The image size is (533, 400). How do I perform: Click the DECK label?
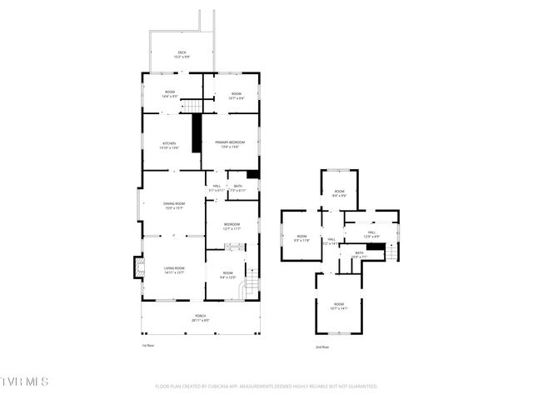pos(182,53)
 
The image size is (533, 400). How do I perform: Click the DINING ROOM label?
pos(173,206)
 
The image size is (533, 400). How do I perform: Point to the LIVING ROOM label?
pos(173,269)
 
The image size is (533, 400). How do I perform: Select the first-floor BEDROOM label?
pos(232,226)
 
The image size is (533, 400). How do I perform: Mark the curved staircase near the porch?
pos(247,289)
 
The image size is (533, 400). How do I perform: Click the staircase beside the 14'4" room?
pos(192,105)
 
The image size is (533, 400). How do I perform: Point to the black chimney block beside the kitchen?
pos(197,133)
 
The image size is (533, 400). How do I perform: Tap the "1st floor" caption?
pos(147,346)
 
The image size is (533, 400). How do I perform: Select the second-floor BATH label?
pos(360,254)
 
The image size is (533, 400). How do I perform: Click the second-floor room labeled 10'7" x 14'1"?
pos(338,306)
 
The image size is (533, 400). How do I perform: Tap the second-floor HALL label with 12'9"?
pos(371,234)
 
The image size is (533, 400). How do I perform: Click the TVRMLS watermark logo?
pos(25,382)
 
